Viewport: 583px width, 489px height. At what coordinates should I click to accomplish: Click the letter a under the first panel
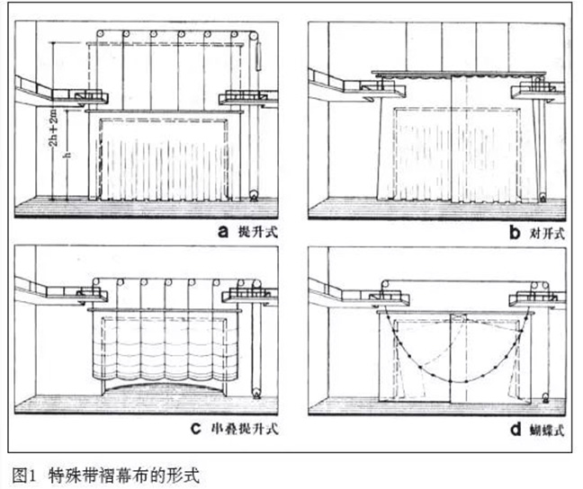222,229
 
